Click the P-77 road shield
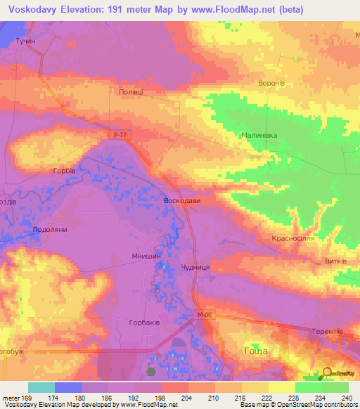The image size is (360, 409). click(121, 134)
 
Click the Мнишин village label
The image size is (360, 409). click(147, 257)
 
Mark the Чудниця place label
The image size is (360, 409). click(195, 268)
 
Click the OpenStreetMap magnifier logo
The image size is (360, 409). click(326, 372)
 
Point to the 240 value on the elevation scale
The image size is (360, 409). click(345, 398)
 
